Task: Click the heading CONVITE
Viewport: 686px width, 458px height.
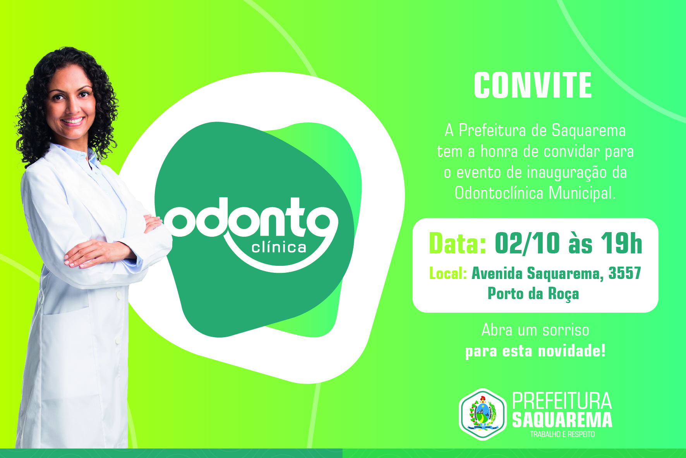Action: [x=533, y=85]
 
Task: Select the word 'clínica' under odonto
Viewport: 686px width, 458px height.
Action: [x=279, y=247]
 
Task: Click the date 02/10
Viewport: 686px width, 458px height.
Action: [x=527, y=243]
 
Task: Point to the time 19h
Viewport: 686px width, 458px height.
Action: [x=622, y=243]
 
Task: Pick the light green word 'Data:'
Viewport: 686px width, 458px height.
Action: [x=458, y=243]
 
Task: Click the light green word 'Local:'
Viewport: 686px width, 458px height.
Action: [x=448, y=273]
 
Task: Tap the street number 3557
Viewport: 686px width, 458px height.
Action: [x=625, y=273]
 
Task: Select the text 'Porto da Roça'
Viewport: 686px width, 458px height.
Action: [x=533, y=294]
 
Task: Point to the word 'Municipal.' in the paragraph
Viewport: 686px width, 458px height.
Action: [x=582, y=193]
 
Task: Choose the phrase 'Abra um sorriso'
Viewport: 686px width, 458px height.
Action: [x=535, y=330]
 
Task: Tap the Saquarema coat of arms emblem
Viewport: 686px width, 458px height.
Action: [x=483, y=414]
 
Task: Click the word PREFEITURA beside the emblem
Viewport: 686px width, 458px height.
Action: [x=562, y=401]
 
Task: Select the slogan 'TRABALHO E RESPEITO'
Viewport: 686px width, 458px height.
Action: [x=563, y=434]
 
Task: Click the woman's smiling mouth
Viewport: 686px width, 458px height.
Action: [x=73, y=121]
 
